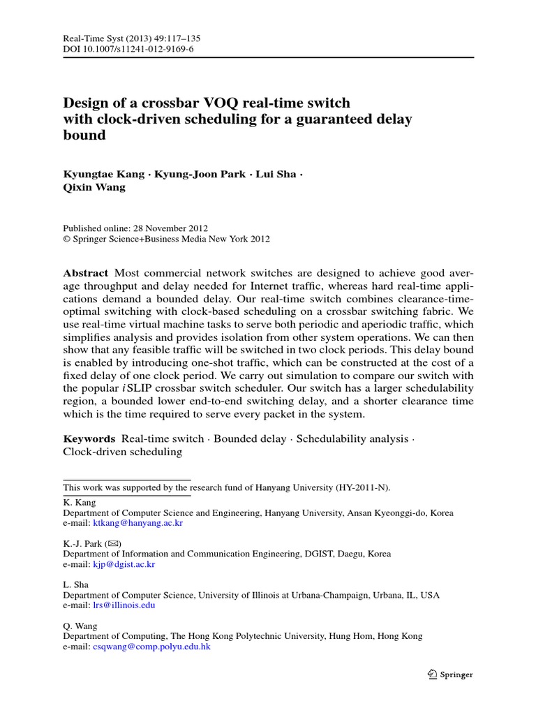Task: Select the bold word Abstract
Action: point(86,273)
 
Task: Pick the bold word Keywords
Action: point(89,438)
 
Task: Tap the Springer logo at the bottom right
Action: point(450,675)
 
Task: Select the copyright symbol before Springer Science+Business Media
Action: point(66,239)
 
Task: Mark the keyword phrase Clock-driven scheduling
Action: point(123,452)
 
